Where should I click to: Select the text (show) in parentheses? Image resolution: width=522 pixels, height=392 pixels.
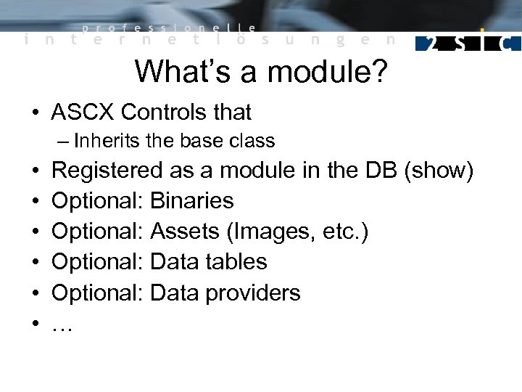point(439,171)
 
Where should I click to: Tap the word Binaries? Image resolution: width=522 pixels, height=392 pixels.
point(192,201)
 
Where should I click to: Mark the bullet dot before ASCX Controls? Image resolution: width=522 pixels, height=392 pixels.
point(35,113)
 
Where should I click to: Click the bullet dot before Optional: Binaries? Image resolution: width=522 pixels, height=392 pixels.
point(35,202)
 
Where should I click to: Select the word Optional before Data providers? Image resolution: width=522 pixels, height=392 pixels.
point(98,293)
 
